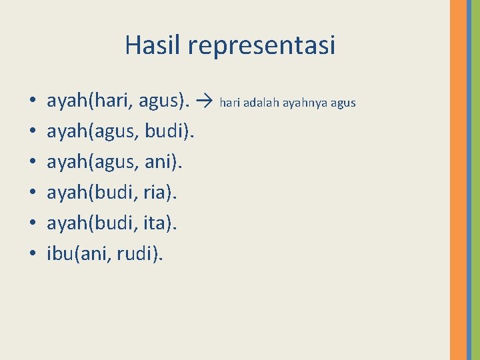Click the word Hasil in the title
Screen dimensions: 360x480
tap(153, 45)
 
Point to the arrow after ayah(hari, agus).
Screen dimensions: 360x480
tap(205, 102)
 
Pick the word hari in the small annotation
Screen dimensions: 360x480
tap(229, 103)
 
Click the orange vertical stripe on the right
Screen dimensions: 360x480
tap(458, 180)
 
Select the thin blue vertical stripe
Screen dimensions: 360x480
tap(469, 180)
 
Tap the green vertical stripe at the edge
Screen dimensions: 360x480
tap(475, 180)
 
